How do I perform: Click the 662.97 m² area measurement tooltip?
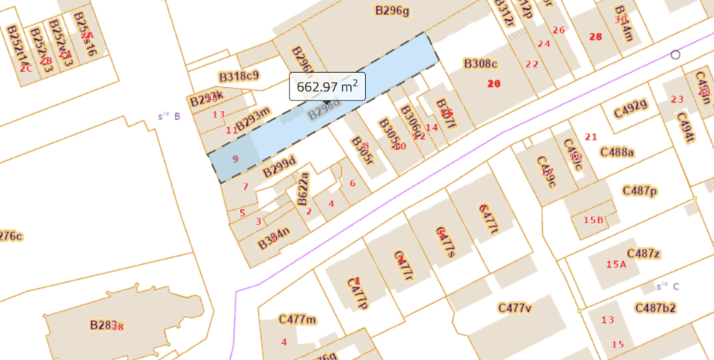pyautogui.click(x=327, y=86)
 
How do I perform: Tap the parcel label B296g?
pyautogui.click(x=392, y=10)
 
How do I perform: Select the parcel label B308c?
pyautogui.click(x=480, y=64)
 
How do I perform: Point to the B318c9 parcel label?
pyautogui.click(x=238, y=76)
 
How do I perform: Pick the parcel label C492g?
pyautogui.click(x=630, y=109)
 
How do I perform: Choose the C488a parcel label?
pyautogui.click(x=617, y=152)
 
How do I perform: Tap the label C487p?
pyautogui.click(x=640, y=191)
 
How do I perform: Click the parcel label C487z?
pyautogui.click(x=643, y=253)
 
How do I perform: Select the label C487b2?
pyautogui.click(x=655, y=307)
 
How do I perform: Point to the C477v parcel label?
pyautogui.click(x=514, y=307)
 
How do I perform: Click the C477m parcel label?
pyautogui.click(x=297, y=319)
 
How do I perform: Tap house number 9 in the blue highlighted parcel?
pyautogui.click(x=235, y=159)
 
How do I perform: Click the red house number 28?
pyautogui.click(x=596, y=37)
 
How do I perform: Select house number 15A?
pyautogui.click(x=616, y=264)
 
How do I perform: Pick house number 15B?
pyautogui.click(x=593, y=220)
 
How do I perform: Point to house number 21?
pyautogui.click(x=591, y=136)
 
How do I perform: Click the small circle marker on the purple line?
pyautogui.click(x=675, y=55)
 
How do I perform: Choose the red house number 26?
pyautogui.click(x=558, y=30)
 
